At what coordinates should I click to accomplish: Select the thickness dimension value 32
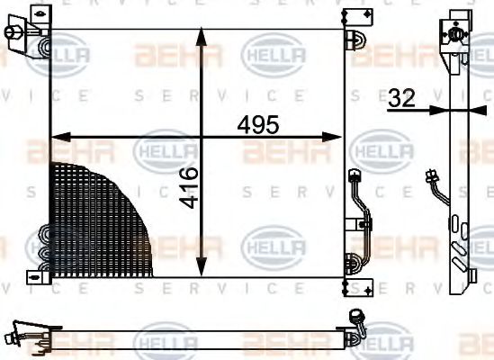(x=402, y=99)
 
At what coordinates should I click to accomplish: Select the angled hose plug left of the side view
(x=433, y=178)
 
